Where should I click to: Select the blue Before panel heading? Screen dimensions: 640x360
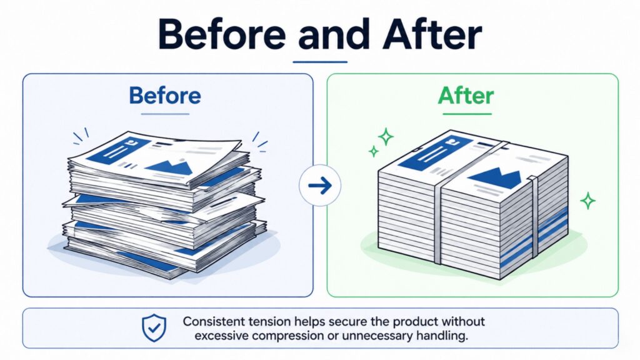[165, 96]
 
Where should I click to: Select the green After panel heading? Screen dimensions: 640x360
[466, 96]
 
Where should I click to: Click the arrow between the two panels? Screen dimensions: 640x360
[320, 185]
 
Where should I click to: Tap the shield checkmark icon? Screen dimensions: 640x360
[154, 327]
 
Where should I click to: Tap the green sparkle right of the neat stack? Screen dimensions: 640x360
[587, 201]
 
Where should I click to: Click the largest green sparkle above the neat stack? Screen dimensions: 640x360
[386, 137]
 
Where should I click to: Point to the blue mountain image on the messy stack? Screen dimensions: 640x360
[169, 166]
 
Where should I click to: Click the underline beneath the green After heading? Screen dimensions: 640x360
[467, 114]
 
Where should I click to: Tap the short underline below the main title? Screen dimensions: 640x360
[320, 62]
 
